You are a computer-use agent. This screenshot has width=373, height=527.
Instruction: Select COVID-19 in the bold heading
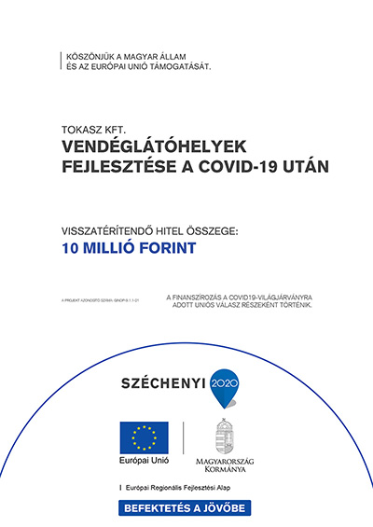coord(242,167)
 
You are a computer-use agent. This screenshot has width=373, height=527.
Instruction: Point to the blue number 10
coord(70,248)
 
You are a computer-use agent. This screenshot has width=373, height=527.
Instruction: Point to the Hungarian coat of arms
coord(226,436)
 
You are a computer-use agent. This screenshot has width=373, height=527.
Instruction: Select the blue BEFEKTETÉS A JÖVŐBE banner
coord(186,507)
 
